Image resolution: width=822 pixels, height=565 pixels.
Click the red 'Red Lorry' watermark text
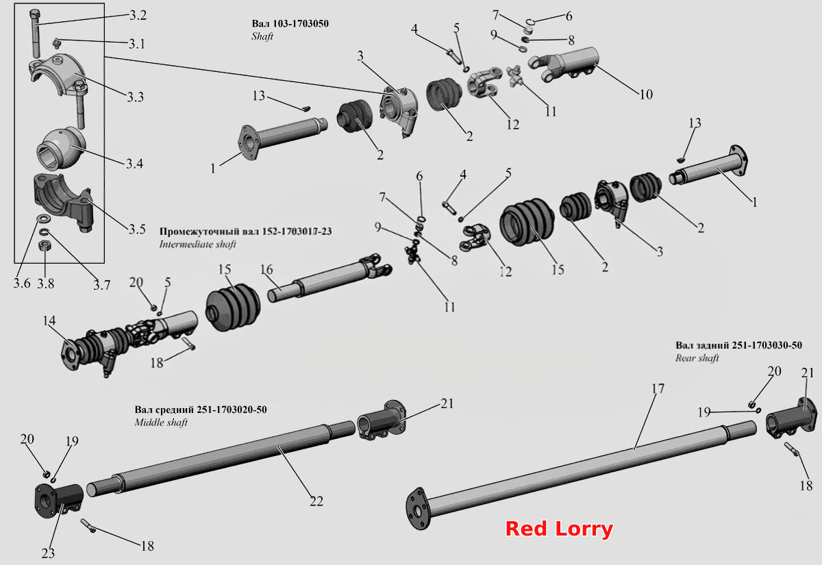point(559,529)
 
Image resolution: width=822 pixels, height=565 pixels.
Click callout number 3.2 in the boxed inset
point(138,15)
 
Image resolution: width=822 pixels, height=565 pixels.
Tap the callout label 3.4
point(134,164)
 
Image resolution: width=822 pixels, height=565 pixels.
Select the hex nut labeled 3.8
point(45,245)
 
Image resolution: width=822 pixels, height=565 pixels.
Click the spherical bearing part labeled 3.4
point(62,148)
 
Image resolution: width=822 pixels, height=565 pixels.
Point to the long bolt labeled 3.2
point(34,33)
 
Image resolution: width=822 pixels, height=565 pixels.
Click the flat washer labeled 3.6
point(43,220)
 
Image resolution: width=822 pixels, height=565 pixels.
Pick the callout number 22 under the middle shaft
point(316,501)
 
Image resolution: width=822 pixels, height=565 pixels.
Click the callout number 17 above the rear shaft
point(658,388)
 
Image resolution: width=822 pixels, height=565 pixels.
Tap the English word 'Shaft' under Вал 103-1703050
point(262,36)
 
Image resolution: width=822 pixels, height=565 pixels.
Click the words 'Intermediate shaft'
point(197,244)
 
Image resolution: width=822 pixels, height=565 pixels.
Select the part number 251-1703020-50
point(232,410)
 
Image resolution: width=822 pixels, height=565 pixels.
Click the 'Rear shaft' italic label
point(697,358)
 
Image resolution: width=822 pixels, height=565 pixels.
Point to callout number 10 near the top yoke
point(646,95)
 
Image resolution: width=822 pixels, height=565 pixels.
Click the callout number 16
point(266,270)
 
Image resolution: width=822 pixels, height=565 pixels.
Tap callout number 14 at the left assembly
point(49,321)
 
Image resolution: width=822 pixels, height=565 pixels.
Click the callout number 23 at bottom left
point(48,553)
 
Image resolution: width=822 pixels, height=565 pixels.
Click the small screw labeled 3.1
point(57,43)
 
